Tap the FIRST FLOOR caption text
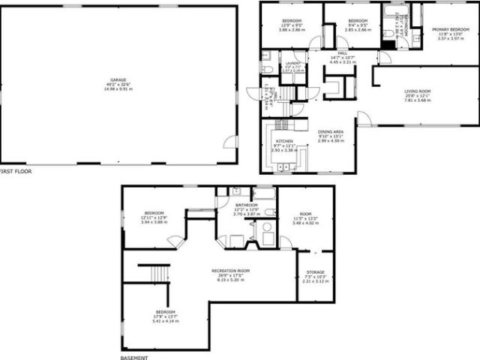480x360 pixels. click(15, 172)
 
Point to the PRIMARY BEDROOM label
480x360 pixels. click(450, 29)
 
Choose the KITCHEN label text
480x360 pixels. click(284, 141)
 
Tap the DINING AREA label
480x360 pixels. click(331, 131)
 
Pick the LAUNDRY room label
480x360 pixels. click(292, 63)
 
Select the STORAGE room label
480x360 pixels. click(316, 272)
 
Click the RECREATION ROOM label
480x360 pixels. click(230, 270)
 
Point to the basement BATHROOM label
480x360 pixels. click(247, 205)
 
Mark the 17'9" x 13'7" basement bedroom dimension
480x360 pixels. click(166, 316)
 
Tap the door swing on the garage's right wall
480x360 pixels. click(231, 141)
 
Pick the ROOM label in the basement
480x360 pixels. click(305, 213)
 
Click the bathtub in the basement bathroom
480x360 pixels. click(264, 193)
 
